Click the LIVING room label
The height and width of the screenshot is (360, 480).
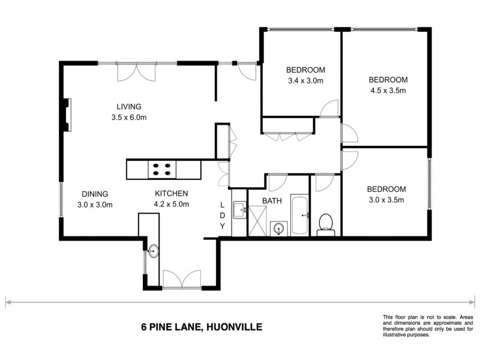point(128,107)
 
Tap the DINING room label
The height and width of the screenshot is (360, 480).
point(95,194)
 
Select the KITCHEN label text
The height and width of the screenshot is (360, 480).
point(172,193)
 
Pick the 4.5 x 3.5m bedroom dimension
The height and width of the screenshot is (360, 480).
point(388,91)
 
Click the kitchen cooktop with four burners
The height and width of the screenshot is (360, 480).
point(161,169)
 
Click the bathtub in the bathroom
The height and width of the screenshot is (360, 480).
point(299,214)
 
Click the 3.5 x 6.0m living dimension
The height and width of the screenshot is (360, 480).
point(128,118)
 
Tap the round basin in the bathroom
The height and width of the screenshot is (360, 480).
point(277,228)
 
